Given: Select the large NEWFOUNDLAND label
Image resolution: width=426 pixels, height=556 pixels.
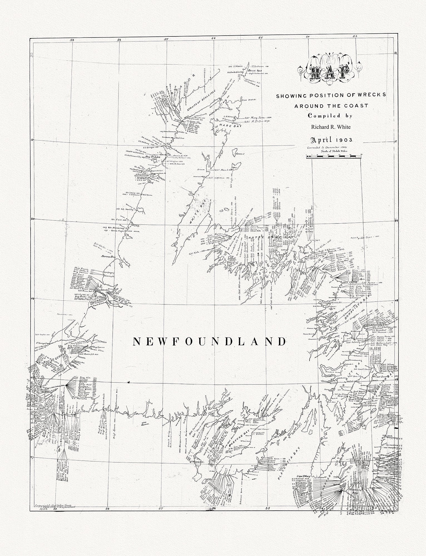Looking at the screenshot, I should click(210, 341).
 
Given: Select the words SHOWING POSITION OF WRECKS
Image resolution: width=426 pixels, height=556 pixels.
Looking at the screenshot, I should click(331, 95).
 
